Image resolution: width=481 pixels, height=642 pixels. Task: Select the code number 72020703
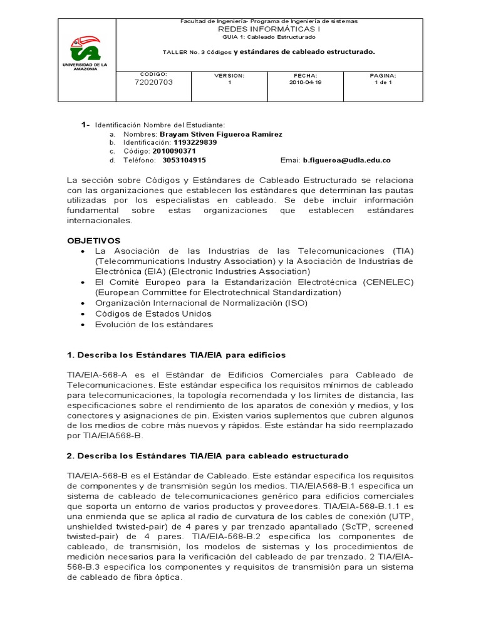pos(153,82)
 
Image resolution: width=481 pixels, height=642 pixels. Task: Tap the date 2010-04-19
pos(305,82)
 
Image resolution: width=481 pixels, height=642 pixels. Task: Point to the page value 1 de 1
pos(382,82)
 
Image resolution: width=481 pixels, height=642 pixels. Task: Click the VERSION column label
pos(229,75)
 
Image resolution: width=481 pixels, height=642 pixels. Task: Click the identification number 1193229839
pos(195,142)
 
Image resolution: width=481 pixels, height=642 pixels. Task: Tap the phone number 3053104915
pos(184,160)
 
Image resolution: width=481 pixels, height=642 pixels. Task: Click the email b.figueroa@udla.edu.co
pos(347,160)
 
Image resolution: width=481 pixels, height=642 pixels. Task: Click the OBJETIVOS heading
pos(94,240)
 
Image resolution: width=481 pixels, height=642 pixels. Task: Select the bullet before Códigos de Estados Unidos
pos(83,313)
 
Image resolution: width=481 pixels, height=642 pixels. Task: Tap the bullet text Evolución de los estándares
pos(154,324)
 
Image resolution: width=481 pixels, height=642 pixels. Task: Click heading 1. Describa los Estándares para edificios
pos(176,355)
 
